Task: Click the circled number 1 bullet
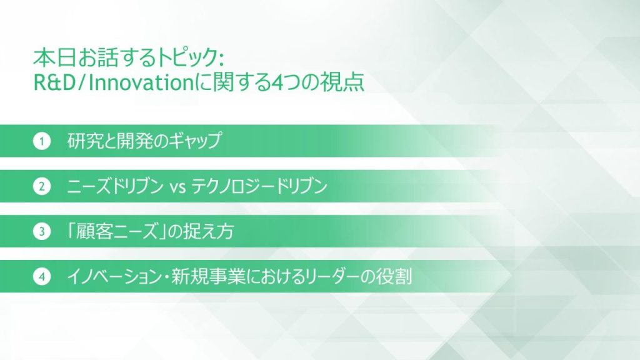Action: [x=41, y=142]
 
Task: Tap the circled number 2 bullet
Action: [x=41, y=187]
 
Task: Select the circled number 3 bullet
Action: [x=41, y=232]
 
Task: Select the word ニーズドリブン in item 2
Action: [x=114, y=187]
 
